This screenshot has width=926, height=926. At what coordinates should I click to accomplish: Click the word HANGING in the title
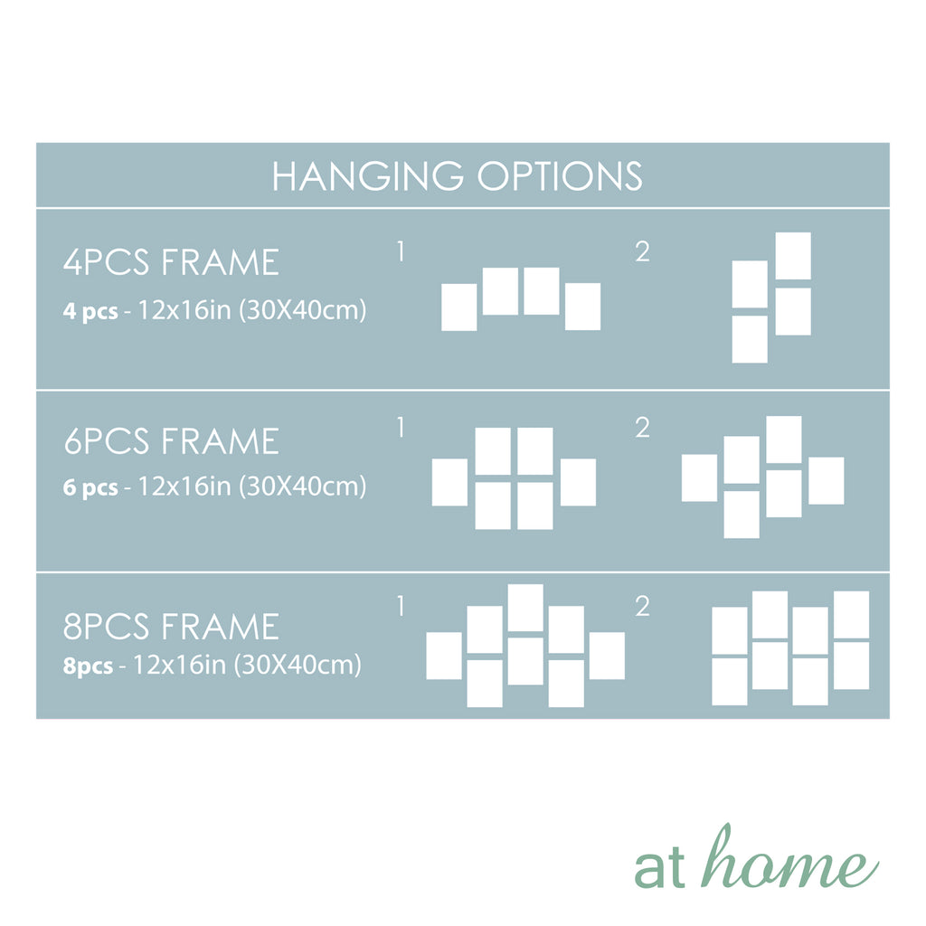click(367, 176)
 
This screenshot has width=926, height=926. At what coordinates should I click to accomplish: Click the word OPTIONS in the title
click(560, 176)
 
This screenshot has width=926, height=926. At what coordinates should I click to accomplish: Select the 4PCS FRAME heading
click(171, 262)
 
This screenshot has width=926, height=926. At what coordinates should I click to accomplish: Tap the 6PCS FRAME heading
click(171, 441)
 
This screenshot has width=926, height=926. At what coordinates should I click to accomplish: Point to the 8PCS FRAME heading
click(171, 627)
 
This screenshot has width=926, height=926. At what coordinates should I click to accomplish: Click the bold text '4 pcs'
click(90, 311)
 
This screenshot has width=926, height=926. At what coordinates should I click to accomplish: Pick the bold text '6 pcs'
click(90, 487)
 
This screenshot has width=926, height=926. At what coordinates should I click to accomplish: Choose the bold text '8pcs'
click(88, 666)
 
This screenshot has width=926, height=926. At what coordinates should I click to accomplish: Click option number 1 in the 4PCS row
click(401, 251)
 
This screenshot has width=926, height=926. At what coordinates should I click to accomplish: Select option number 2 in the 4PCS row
click(643, 251)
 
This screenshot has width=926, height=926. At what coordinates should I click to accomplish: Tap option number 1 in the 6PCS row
click(401, 427)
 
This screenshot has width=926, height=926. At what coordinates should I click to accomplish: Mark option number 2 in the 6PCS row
click(643, 427)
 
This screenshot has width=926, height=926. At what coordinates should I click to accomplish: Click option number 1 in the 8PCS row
click(401, 606)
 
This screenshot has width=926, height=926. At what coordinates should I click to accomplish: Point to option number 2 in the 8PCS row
click(643, 606)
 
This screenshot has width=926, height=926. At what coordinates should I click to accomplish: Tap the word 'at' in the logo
click(659, 867)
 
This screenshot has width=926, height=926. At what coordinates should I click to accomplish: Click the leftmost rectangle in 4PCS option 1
click(459, 307)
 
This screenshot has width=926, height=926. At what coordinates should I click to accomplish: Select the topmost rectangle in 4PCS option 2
click(793, 256)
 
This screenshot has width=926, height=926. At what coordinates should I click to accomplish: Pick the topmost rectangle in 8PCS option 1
click(525, 608)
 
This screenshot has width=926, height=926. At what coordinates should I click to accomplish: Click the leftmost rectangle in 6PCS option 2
click(699, 477)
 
